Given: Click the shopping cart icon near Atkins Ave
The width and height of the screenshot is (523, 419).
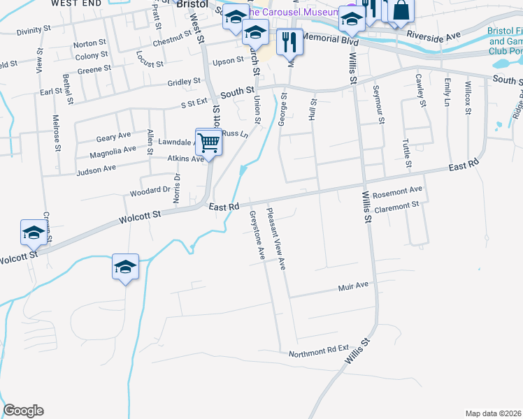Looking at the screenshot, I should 209,142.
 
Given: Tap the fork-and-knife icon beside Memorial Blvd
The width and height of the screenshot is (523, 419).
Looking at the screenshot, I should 289,43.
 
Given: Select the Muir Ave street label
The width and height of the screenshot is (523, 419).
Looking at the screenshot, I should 352,286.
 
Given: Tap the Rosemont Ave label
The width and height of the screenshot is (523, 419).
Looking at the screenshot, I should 398,190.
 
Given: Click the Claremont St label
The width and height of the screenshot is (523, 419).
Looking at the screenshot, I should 396,205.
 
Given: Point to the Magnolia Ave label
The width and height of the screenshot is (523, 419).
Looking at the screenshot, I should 113,150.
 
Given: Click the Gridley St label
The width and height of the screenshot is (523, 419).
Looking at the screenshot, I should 184,82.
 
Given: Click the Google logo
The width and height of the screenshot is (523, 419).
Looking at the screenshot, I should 23,411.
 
